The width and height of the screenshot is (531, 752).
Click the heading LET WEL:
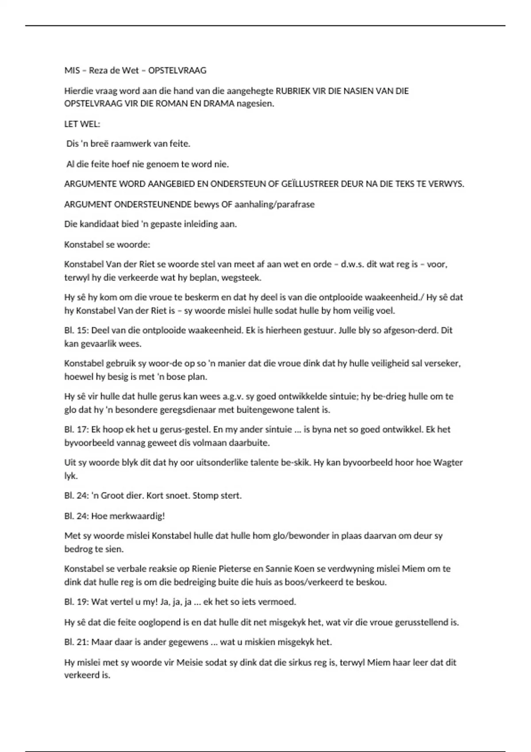click(x=82, y=124)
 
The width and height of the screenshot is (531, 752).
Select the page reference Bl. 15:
click(x=76, y=330)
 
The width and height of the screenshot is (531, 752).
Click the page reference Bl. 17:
click(x=76, y=429)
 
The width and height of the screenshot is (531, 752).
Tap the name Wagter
click(x=448, y=463)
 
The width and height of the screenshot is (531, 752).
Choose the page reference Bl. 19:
click(x=76, y=602)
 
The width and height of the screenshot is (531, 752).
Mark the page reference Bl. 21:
click(x=76, y=642)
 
